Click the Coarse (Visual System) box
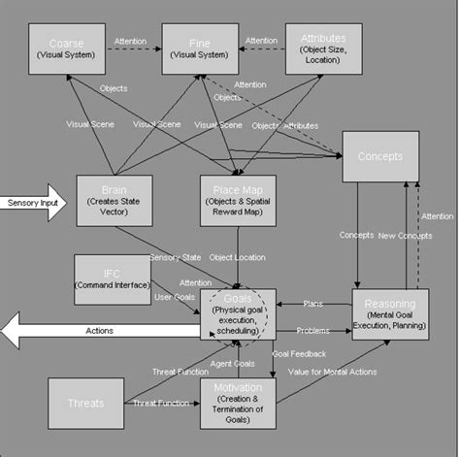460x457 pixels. coord(66,49)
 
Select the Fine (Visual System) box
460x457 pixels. coord(200,49)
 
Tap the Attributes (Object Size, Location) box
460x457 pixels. coord(324,49)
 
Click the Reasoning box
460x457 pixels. coord(390,313)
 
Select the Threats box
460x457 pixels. coord(86,403)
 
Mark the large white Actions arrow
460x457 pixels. coord(97,331)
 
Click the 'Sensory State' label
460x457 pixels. coord(175,258)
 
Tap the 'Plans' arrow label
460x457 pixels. coord(312,304)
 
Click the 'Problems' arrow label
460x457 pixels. coord(312,330)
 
